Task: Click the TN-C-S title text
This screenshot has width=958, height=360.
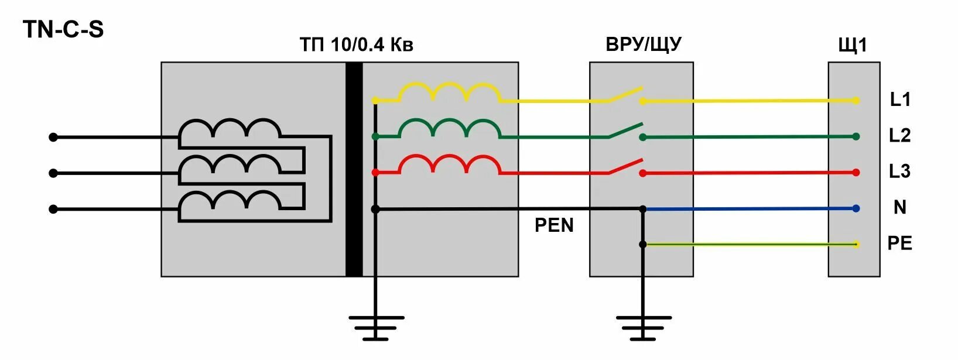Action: pyautogui.click(x=64, y=29)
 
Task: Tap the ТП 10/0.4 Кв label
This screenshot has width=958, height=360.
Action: pyautogui.click(x=356, y=45)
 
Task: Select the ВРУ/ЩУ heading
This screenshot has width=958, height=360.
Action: pyautogui.click(x=644, y=44)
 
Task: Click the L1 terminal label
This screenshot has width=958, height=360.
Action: pyautogui.click(x=900, y=100)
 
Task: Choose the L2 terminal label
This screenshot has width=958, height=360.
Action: pyautogui.click(x=900, y=136)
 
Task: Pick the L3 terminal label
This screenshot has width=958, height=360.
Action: pyautogui.click(x=900, y=172)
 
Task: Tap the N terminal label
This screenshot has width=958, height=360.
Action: pyautogui.click(x=900, y=207)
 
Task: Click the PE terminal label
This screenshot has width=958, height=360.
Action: pyautogui.click(x=900, y=243)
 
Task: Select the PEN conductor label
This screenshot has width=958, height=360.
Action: pyautogui.click(x=554, y=225)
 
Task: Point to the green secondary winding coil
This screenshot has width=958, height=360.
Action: pyautogui.click(x=449, y=129)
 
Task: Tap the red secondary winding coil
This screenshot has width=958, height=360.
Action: pyautogui.click(x=449, y=164)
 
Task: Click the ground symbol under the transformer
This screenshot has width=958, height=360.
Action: pyautogui.click(x=376, y=327)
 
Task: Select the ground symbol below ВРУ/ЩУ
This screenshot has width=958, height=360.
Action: pyautogui.click(x=643, y=327)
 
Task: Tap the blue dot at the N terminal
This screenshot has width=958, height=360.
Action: pyautogui.click(x=856, y=208)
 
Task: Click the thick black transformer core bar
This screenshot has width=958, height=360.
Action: pyautogui.click(x=354, y=169)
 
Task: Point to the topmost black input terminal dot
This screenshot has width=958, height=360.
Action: pyautogui.click(x=53, y=137)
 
